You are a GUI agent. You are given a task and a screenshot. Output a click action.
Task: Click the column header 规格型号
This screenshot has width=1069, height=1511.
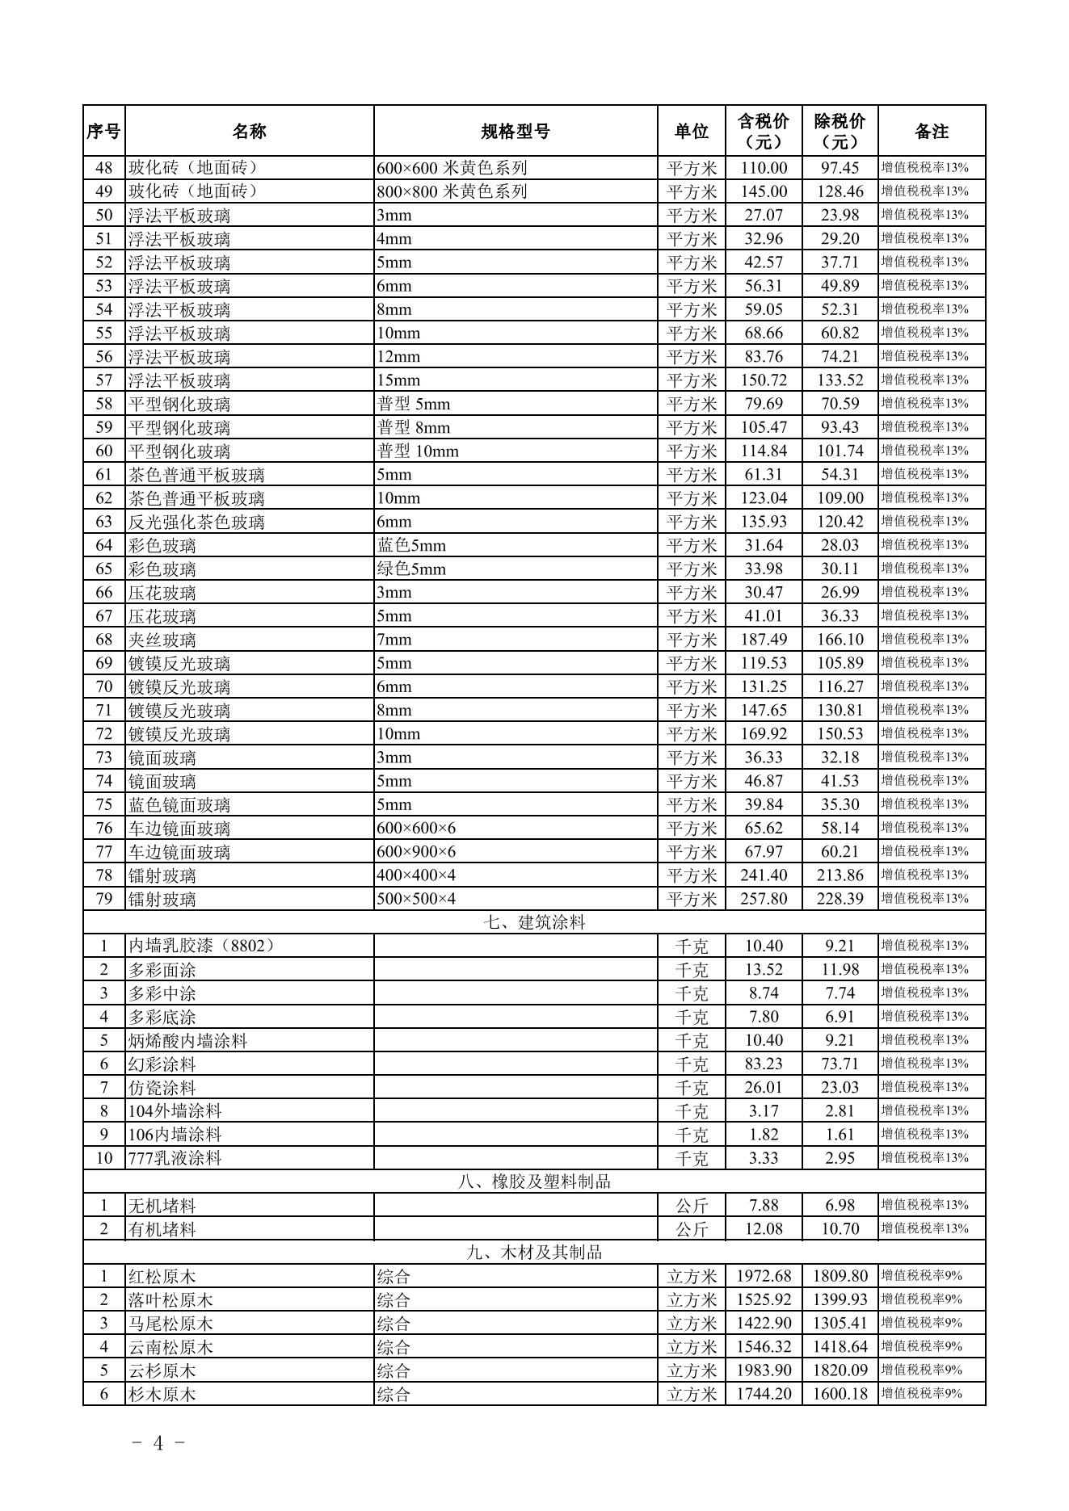click(x=515, y=131)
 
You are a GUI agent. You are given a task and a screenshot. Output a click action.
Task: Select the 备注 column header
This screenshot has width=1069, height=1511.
click(x=931, y=131)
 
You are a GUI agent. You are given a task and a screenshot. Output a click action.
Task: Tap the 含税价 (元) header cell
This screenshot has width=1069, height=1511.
click(x=763, y=131)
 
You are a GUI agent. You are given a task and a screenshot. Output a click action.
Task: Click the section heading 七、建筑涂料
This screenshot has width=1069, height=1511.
click(x=533, y=922)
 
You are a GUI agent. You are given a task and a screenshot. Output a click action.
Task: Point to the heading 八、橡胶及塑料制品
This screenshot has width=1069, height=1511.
click(x=533, y=1182)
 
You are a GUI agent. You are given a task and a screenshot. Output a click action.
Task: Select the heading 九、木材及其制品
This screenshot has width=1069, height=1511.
click(x=533, y=1253)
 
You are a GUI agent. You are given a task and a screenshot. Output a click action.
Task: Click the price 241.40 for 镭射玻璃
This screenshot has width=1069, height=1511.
click(x=763, y=875)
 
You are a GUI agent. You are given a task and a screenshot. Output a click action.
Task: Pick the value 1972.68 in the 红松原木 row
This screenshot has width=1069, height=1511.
click(x=763, y=1277)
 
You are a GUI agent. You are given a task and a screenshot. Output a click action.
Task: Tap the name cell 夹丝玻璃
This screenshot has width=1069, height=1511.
click(x=162, y=640)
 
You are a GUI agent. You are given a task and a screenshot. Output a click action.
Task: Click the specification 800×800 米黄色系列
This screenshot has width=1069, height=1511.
click(x=452, y=191)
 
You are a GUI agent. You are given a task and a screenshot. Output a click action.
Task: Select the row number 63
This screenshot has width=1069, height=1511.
click(x=103, y=522)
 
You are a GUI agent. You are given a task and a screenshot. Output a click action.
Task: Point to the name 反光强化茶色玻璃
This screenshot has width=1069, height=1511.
click(x=196, y=523)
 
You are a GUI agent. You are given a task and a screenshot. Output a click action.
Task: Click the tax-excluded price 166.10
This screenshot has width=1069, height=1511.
click(x=840, y=640)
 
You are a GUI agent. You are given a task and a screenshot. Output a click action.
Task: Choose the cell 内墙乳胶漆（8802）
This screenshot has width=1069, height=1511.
click(x=202, y=946)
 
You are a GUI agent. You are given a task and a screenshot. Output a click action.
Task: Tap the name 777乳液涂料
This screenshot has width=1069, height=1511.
click(x=175, y=1158)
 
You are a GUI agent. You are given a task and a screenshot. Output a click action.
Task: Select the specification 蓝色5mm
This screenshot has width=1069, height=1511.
click(x=411, y=546)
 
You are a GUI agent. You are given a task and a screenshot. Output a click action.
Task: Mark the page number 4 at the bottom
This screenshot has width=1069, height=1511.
click(x=158, y=1443)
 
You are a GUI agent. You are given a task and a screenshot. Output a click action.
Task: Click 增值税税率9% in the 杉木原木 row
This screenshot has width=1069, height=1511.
click(x=921, y=1394)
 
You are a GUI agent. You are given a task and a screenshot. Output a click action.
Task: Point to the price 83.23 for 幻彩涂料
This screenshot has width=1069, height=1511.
click(x=763, y=1064)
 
